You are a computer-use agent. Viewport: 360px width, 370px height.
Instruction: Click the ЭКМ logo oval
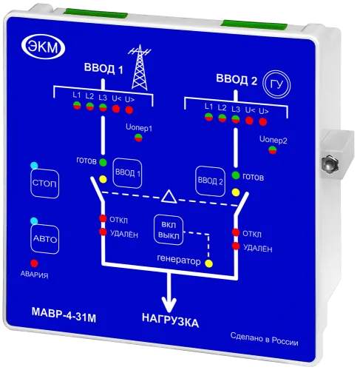point(44,47)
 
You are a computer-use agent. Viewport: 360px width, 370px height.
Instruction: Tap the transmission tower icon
point(140,67)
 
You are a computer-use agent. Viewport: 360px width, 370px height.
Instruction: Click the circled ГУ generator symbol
point(276,84)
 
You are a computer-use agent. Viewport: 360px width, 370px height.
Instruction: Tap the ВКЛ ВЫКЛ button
point(169,230)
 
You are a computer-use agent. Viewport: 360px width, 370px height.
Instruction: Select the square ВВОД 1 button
point(127,173)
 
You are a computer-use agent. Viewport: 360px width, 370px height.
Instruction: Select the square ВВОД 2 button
point(210,181)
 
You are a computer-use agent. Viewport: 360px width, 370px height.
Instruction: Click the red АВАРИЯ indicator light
point(34,263)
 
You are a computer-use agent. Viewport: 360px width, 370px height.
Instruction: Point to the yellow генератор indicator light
point(209,263)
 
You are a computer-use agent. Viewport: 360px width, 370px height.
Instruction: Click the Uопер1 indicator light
point(138,138)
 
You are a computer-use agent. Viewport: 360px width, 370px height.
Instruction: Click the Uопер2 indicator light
point(273,149)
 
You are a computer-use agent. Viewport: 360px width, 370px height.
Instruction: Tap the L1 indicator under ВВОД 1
point(77,105)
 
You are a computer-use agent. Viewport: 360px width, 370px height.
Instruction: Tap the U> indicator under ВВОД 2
point(262,121)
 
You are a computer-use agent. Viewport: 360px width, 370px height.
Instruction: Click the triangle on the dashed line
point(169,197)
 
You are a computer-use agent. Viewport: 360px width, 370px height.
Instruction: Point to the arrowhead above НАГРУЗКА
point(169,303)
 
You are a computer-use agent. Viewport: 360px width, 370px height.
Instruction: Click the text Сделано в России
point(264,339)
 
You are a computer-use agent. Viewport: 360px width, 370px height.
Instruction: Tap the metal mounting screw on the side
point(330,163)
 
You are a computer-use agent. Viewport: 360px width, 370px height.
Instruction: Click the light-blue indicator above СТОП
point(34,165)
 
